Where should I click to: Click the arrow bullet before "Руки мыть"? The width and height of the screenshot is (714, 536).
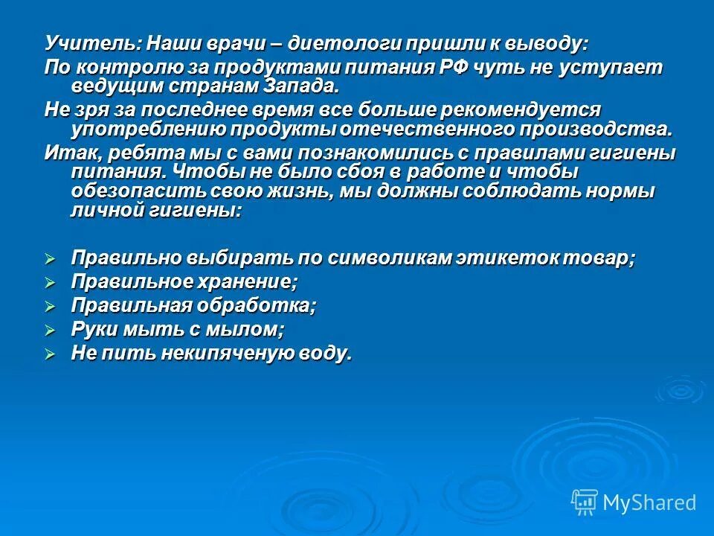(x=51, y=330)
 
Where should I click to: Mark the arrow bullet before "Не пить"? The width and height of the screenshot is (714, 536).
(x=51, y=354)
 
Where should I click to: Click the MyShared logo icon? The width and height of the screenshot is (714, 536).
(x=584, y=502)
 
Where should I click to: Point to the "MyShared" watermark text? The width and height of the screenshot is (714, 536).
(x=649, y=503)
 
